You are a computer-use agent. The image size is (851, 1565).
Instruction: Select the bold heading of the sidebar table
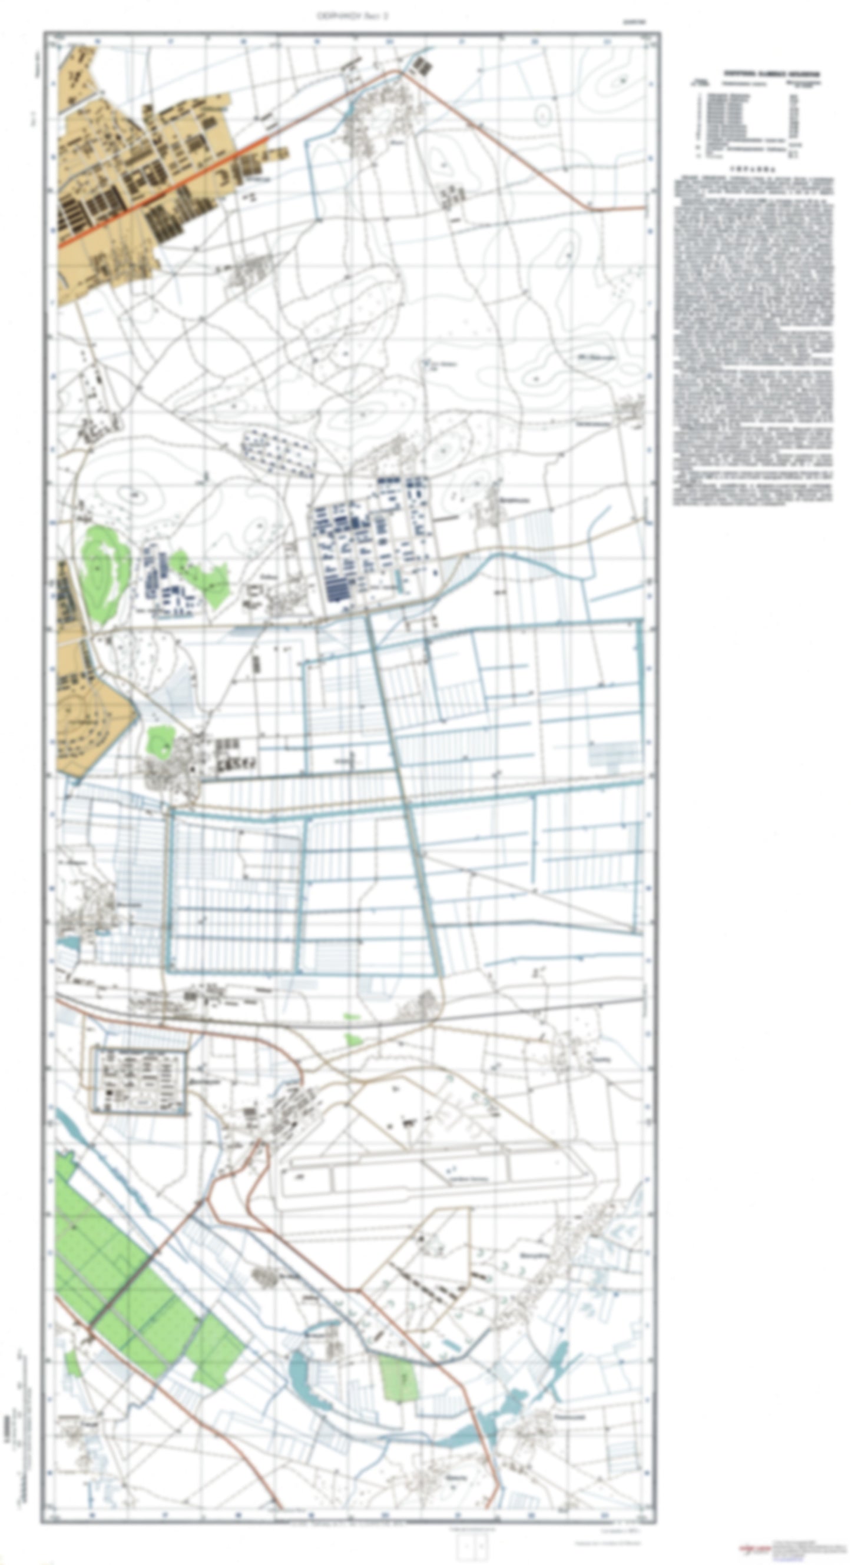coord(771,74)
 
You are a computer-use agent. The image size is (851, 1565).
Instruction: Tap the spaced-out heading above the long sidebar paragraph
coord(753,171)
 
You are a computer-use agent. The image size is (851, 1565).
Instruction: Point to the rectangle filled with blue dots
coord(279,451)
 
